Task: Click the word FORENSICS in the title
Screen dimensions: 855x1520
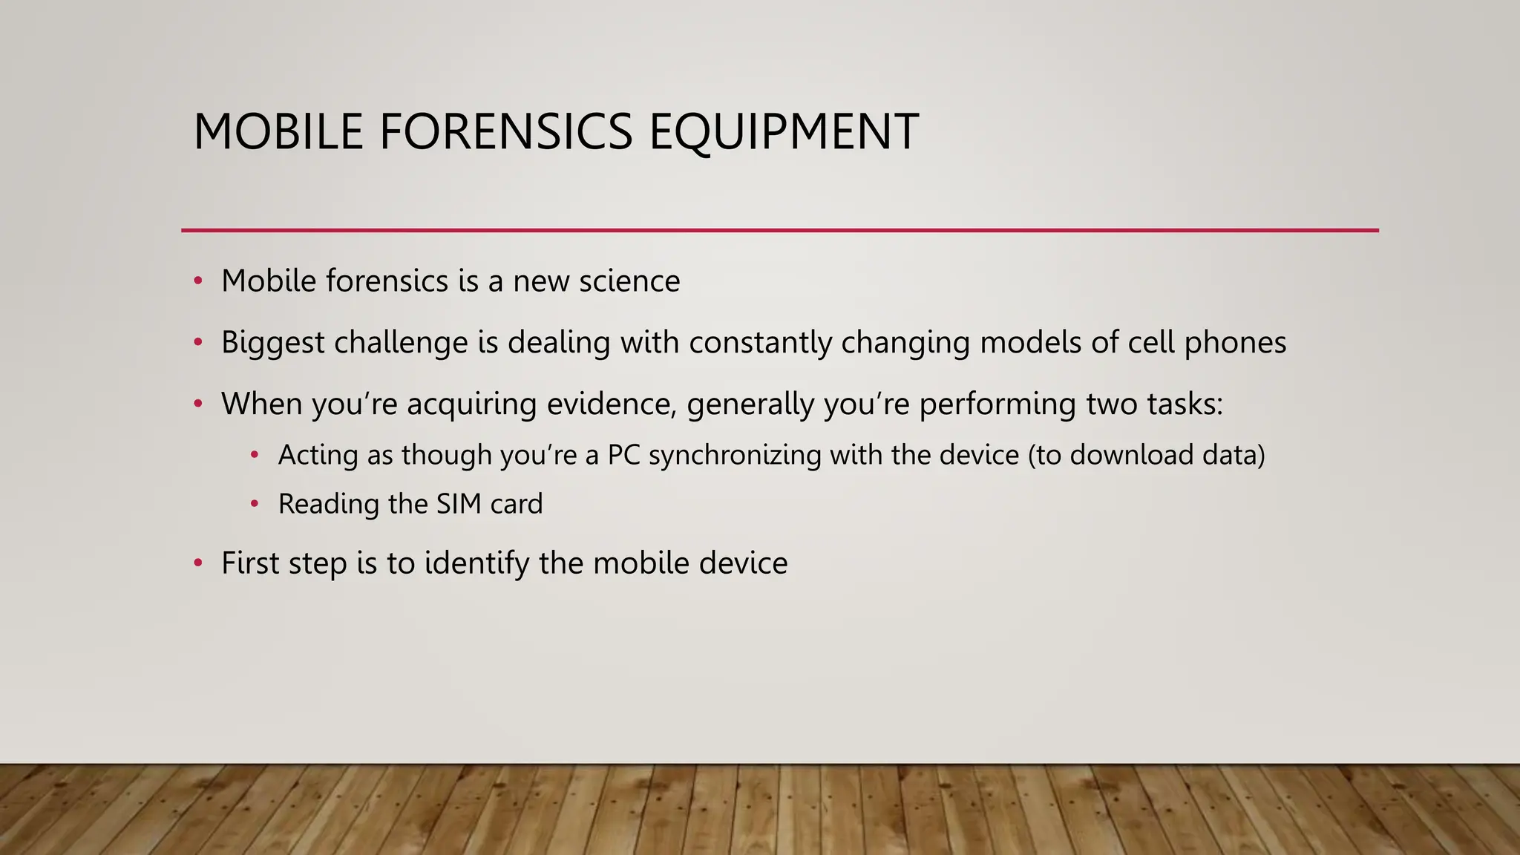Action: [x=506, y=132]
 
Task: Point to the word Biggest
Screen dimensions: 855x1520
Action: [x=272, y=343]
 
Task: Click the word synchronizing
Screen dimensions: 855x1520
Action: [x=735, y=455]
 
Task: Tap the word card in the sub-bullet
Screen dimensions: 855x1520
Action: [x=516, y=504]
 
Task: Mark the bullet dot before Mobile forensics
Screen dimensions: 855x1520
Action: [x=197, y=281]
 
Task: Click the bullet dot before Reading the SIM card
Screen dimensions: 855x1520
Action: [x=255, y=504]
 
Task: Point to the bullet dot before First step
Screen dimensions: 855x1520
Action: [x=197, y=563]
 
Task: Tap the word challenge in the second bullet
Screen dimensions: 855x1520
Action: [x=401, y=343]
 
